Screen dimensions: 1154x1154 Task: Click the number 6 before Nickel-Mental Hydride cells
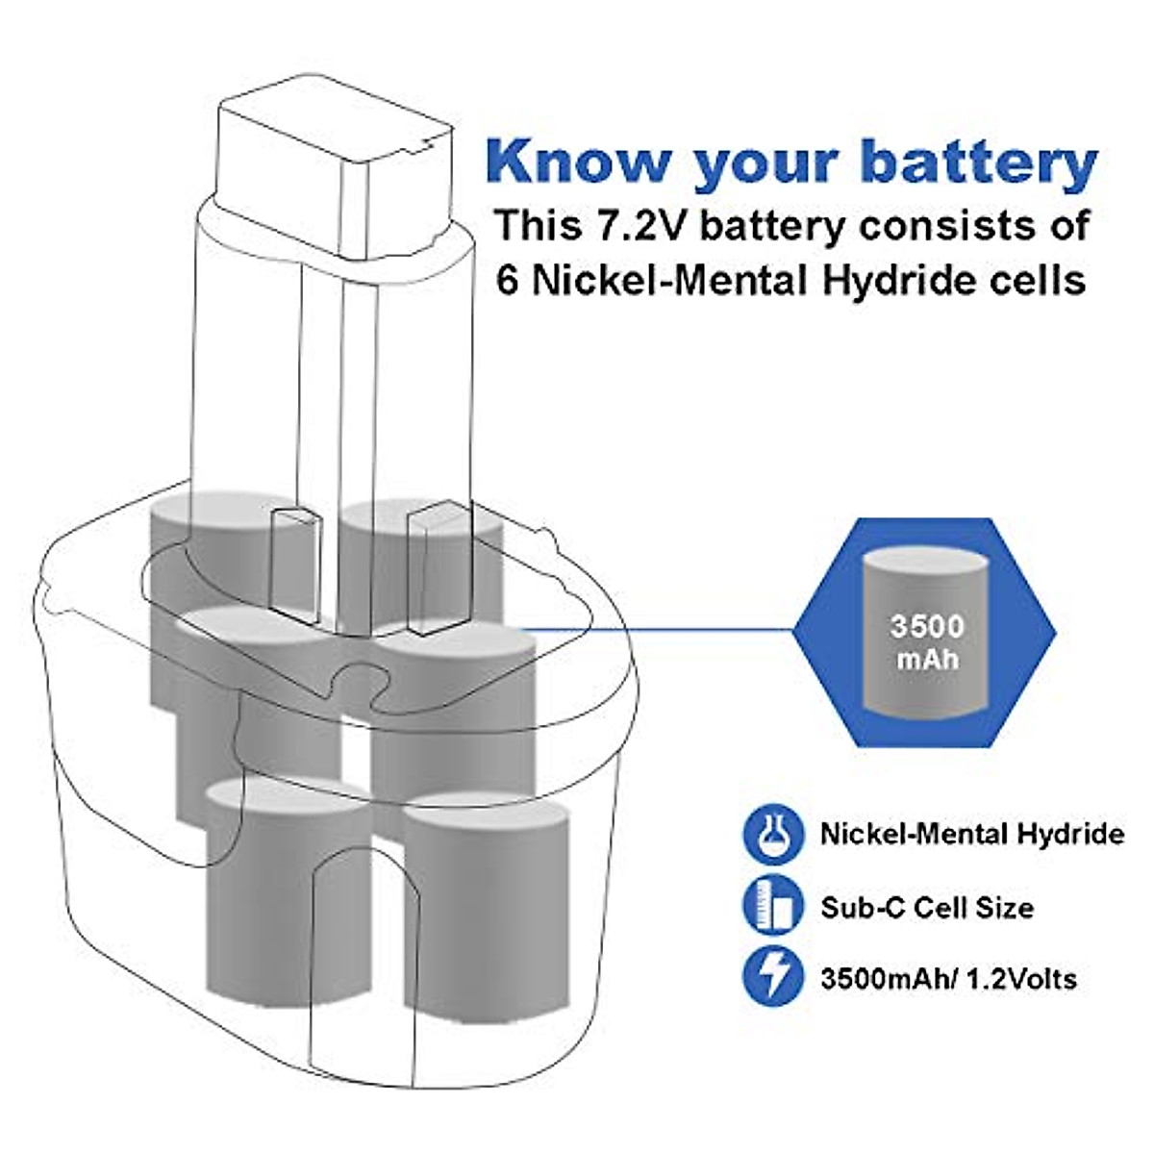tap(508, 280)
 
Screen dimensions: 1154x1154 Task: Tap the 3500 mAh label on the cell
tap(925, 641)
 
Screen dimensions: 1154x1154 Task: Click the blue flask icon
tap(772, 834)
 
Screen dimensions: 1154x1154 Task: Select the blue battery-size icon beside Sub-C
tap(772, 907)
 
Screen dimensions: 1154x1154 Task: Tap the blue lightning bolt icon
tap(772, 978)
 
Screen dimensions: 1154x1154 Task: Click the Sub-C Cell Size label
tap(927, 907)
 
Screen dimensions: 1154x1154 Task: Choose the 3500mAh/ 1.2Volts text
tap(948, 979)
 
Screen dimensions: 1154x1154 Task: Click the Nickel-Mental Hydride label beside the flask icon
tap(971, 834)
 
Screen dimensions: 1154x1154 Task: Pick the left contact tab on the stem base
tap(291, 563)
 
